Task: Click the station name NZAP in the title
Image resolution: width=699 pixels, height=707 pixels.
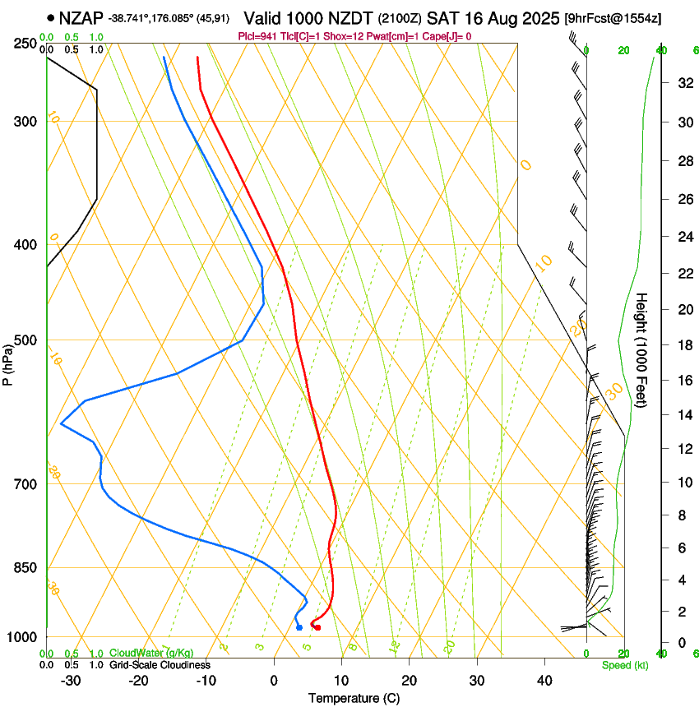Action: tap(81, 17)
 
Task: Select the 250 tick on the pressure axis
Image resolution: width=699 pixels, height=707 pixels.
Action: tap(25, 44)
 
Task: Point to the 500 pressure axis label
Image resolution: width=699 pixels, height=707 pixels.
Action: tap(25, 340)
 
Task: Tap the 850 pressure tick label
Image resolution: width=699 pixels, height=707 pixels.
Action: tap(25, 568)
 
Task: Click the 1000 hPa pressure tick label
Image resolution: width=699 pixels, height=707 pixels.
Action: tap(22, 637)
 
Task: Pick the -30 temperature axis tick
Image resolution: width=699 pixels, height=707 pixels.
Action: tap(71, 681)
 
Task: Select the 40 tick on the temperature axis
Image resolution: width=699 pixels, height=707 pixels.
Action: tap(544, 681)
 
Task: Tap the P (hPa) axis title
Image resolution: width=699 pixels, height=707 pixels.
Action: tap(8, 363)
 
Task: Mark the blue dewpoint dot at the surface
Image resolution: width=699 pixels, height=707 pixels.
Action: tap(299, 628)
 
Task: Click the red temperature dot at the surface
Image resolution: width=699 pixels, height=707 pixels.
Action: tap(317, 628)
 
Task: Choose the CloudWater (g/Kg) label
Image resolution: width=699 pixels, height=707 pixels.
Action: tap(150, 654)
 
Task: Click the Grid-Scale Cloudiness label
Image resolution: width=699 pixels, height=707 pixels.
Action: tap(159, 665)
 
